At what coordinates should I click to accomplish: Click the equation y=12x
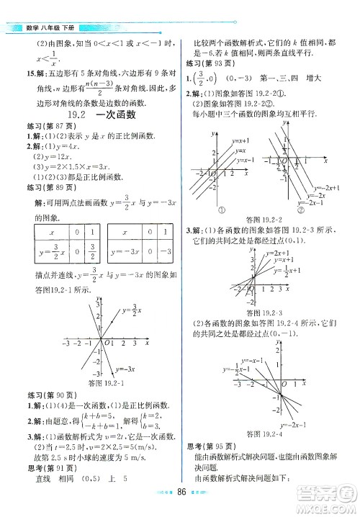pos(43,156)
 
